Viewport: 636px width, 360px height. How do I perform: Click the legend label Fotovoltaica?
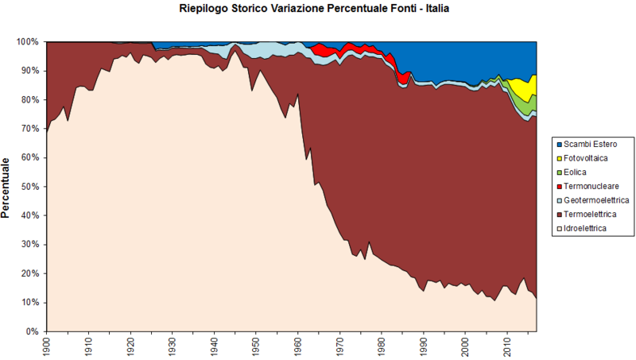tap(584, 158)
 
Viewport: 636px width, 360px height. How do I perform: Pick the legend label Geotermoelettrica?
tap(596, 200)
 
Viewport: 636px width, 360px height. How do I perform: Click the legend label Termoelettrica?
tap(590, 215)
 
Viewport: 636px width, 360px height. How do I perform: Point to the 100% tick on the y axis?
tap(27, 41)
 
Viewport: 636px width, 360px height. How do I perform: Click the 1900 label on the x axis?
tap(46, 347)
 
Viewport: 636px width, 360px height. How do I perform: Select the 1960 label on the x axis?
tap(297, 347)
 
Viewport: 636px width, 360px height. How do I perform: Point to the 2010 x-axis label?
tap(507, 347)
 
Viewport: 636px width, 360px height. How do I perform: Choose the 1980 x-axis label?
tap(382, 347)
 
